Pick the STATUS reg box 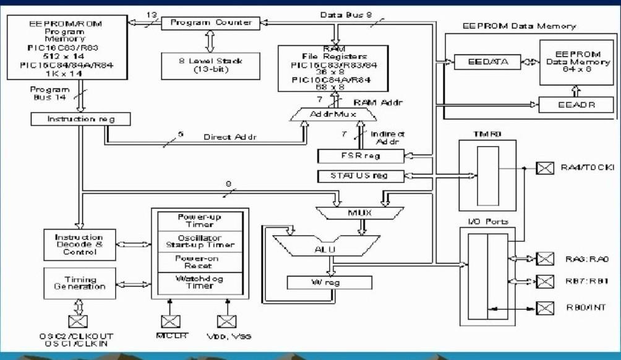[361, 176]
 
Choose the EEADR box [576, 105]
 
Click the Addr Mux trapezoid [333, 114]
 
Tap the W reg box [330, 283]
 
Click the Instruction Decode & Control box [79, 245]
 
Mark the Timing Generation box [79, 284]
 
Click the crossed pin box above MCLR [170, 321]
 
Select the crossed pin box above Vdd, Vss [226, 321]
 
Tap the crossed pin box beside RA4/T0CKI [544, 168]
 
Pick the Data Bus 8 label [346, 14]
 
